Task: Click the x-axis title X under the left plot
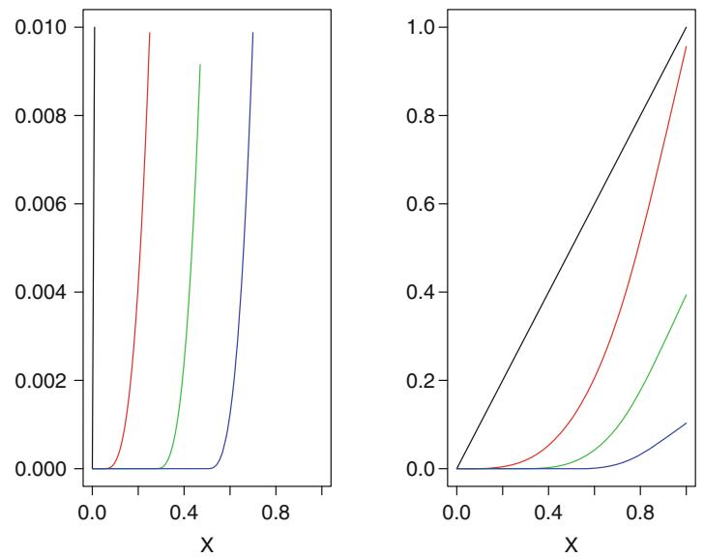[x=207, y=543]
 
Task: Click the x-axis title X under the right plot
[x=572, y=543]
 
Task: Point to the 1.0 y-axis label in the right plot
[x=421, y=27]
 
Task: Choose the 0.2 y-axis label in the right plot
[x=421, y=380]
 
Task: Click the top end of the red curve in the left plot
[x=150, y=33]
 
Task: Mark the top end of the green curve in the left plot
[x=200, y=65]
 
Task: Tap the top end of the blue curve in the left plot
[x=253, y=33]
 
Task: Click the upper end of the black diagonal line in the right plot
[x=686, y=28]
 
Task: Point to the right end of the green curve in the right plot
[x=686, y=295]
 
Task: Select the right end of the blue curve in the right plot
[x=686, y=423]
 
